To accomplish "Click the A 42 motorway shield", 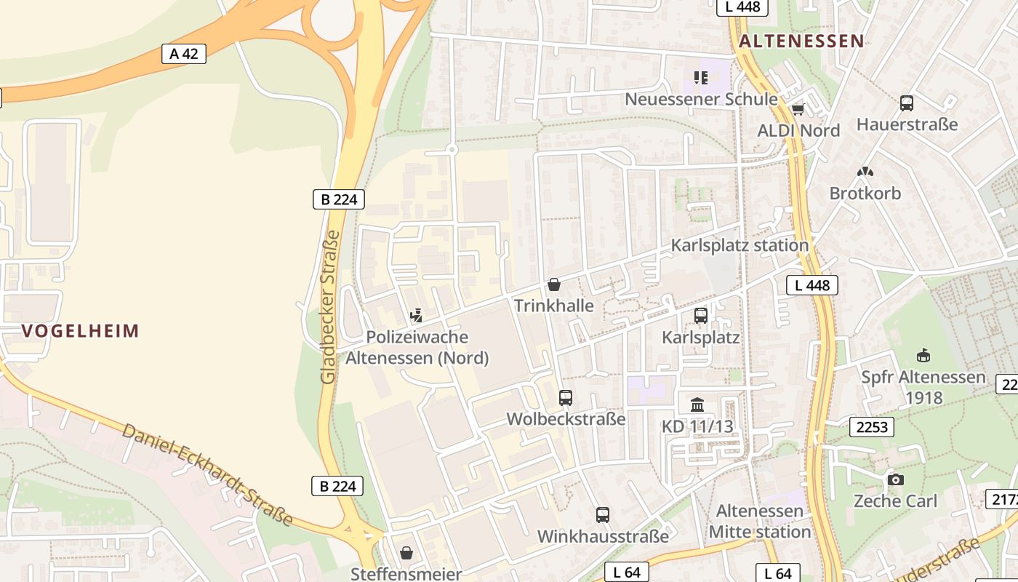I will (183, 53).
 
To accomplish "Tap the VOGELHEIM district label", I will (80, 331).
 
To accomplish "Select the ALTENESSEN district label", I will (801, 41).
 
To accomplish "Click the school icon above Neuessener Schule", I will (700, 77).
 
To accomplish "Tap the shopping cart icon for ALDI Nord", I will (798, 110).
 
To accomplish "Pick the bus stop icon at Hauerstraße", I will (906, 103).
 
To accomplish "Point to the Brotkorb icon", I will (865, 172).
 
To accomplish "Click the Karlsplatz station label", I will (740, 245).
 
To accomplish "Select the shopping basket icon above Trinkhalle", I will (554, 284).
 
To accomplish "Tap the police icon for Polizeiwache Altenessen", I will (416, 316).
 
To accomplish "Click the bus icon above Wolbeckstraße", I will (566, 398).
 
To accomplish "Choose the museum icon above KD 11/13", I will (697, 404).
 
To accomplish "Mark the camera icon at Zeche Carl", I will (895, 479).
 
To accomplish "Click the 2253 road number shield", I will (872, 427).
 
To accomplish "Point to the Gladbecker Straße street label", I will (329, 307).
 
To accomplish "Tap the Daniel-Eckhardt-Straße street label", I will (207, 474).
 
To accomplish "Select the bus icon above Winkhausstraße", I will (602, 515).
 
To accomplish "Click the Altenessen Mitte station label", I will (760, 521).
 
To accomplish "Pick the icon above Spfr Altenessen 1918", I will (923, 356).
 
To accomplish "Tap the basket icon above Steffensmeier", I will (406, 553).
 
